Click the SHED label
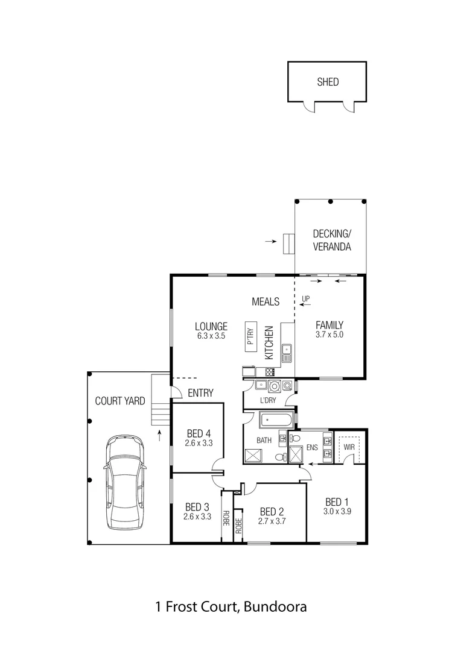click(x=328, y=82)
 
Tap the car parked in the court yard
click(x=125, y=483)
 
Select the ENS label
click(x=312, y=447)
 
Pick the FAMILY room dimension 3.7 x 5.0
click(x=329, y=335)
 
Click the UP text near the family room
click(x=305, y=298)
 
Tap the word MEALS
click(x=265, y=300)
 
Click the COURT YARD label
click(x=120, y=401)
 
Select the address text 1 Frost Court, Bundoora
click(x=230, y=606)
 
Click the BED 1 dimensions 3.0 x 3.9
click(x=338, y=511)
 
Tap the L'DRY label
click(x=268, y=401)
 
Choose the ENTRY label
click(x=200, y=393)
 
